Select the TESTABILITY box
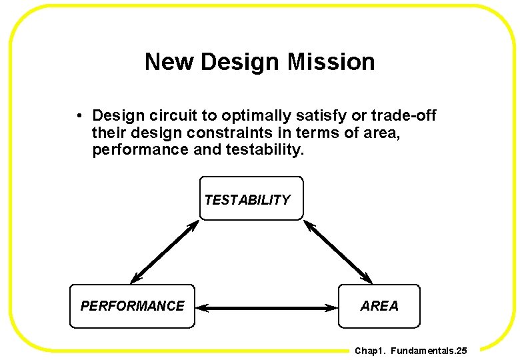point(251,198)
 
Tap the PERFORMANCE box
point(133,306)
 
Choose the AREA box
point(379,306)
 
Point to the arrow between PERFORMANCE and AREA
point(267,308)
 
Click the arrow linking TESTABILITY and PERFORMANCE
point(165,252)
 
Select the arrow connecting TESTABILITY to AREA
point(338,252)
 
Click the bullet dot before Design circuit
point(79,116)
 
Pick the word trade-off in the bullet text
point(405,116)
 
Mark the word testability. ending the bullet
point(265,150)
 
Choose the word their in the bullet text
point(107,133)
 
